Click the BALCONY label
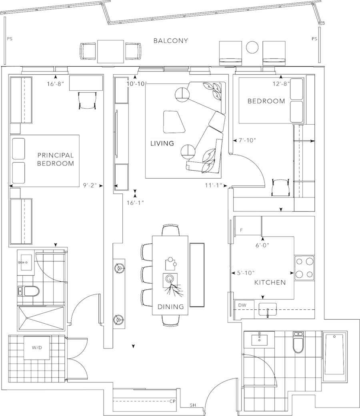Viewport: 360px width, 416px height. pyautogui.click(x=171, y=41)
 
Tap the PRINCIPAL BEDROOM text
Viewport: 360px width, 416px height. pyautogui.click(x=56, y=159)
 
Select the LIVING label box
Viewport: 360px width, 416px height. pyautogui.click(x=162, y=143)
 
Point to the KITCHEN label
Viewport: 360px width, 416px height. pyautogui.click(x=270, y=283)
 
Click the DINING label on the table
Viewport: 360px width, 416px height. pyautogui.click(x=170, y=307)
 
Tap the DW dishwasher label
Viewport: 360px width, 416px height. pyautogui.click(x=242, y=305)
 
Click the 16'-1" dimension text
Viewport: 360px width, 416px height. pyautogui.click(x=135, y=203)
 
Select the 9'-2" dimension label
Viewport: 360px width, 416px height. pyautogui.click(x=90, y=185)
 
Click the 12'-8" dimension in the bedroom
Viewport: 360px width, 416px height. pyautogui.click(x=282, y=84)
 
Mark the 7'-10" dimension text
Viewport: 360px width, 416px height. pyautogui.click(x=247, y=140)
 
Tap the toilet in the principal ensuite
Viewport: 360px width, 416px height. pyautogui.click(x=28, y=292)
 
